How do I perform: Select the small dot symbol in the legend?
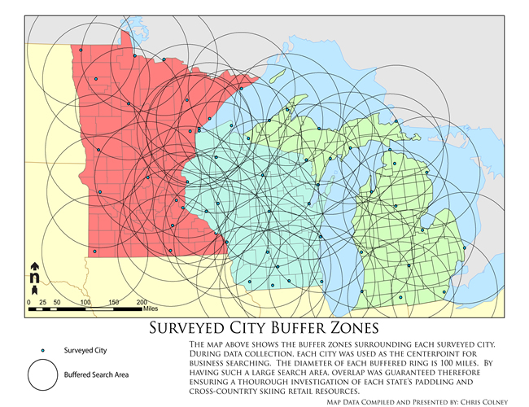tap(43, 350)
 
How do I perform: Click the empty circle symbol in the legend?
tap(43, 376)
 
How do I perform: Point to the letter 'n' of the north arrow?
tap(34, 278)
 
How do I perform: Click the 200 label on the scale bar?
tap(142, 302)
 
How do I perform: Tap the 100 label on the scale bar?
tap(85, 302)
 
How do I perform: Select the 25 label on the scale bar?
tap(42, 302)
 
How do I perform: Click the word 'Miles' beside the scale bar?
tap(149, 309)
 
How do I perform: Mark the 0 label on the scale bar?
tap(30, 302)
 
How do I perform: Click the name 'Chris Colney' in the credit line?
tap(482, 400)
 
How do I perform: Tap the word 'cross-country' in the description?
tap(217, 390)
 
